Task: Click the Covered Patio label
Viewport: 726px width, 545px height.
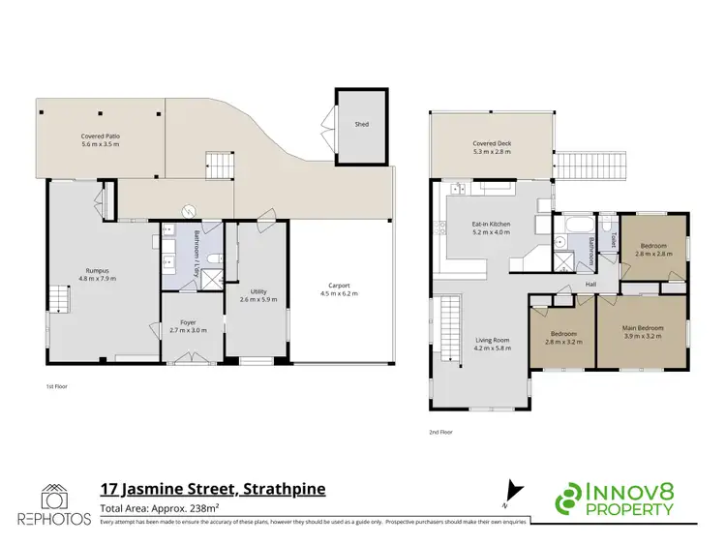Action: (100, 140)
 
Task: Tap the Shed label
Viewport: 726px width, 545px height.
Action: (361, 125)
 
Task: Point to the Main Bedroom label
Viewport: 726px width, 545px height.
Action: (642, 332)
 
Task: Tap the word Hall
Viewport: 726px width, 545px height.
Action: (589, 285)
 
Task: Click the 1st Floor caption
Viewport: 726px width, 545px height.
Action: (56, 386)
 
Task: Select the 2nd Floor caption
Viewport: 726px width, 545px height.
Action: (439, 432)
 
